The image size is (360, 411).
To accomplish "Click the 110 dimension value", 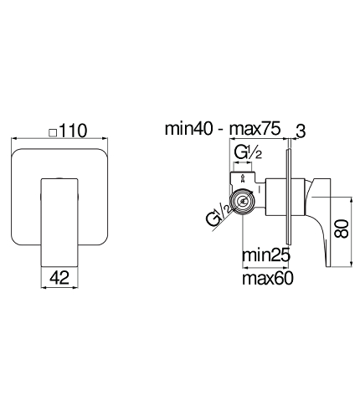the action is point(73,131).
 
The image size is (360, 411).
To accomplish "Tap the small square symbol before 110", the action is point(53,132).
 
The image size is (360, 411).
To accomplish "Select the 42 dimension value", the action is point(59,278).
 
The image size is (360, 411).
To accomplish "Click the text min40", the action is point(188,129).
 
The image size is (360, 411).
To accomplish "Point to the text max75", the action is point(255,129).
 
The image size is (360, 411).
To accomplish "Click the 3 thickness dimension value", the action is point(301,131).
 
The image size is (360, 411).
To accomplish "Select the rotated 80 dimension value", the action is point(342,229).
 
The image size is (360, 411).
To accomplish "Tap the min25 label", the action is point(266,254).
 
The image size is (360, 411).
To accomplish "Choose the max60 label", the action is point(268,278).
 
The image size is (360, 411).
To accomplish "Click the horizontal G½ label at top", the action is point(248,152).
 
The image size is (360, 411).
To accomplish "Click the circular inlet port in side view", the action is point(242,201).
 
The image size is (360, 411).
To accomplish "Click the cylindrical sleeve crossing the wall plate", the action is point(285,197).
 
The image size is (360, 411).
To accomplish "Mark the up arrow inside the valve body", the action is point(243,178).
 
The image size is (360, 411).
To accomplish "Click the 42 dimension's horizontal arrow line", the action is point(59,287).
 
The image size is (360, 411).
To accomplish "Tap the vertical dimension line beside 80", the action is point(352,232).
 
